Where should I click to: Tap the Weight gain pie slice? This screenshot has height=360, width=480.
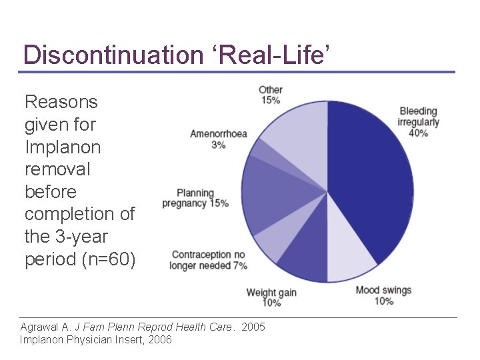point(303,253)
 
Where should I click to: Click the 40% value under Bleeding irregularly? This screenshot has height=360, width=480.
point(418,133)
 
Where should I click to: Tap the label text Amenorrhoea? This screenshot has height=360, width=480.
point(218,133)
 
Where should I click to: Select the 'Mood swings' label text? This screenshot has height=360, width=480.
point(383,290)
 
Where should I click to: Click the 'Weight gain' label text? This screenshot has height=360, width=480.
point(271,293)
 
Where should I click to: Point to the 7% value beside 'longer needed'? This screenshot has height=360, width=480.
point(240,265)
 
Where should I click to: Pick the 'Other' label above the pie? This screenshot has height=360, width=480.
point(271,90)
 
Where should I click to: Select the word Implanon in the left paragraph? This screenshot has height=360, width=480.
point(62,147)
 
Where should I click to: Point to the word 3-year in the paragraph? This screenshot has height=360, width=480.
point(83,236)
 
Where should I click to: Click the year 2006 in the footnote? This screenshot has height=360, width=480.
point(159,339)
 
